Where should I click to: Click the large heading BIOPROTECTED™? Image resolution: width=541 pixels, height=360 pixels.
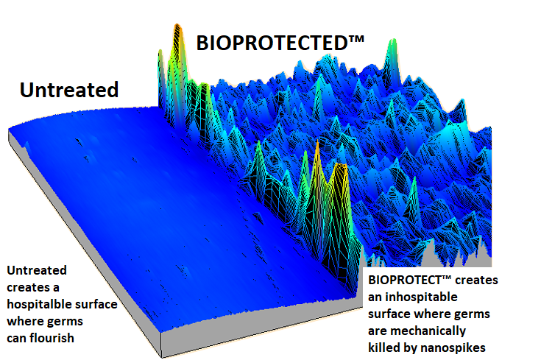coord(280,43)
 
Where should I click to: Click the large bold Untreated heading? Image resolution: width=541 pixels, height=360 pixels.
coord(69,90)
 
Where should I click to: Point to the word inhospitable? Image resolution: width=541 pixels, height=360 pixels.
coord(421,297)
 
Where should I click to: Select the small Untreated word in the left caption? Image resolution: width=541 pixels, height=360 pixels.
coord(37,270)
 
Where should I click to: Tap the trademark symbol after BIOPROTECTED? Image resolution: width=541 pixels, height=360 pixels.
coord(356,39)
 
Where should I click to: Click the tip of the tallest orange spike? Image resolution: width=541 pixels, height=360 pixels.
coord(177,24)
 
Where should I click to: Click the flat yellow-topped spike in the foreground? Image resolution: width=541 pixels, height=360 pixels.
coord(341,166)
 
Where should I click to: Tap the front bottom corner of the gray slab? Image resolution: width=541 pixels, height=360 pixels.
coord(161,358)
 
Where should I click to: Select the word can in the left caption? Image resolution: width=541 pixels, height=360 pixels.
coord(17,339)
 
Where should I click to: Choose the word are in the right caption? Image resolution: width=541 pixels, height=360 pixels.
coord(378,331)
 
